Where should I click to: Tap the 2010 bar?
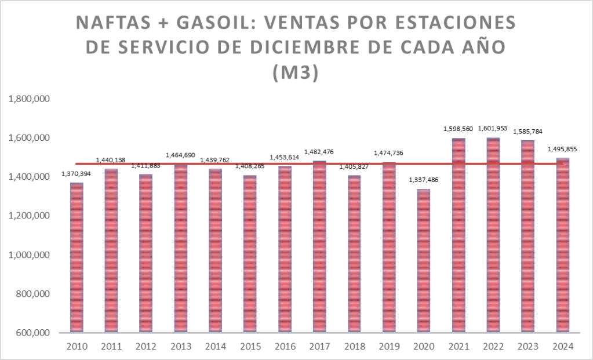[x=77, y=257]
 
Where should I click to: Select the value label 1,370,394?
[x=76, y=174]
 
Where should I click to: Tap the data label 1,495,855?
[x=562, y=148]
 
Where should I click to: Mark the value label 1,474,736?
[x=388, y=153]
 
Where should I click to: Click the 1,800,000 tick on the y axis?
[x=28, y=99]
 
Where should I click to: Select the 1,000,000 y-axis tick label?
[x=28, y=255]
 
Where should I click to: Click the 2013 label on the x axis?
[x=180, y=347]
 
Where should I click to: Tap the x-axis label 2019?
[x=388, y=347]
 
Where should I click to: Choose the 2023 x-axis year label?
[x=527, y=347]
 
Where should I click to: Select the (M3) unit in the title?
[x=296, y=74]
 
